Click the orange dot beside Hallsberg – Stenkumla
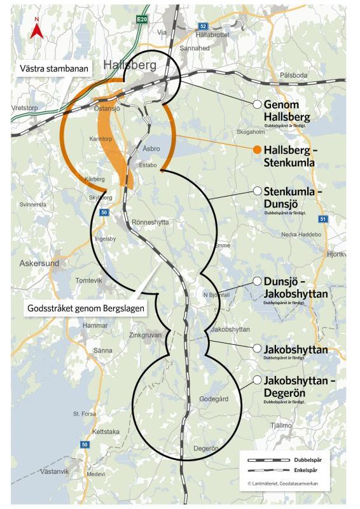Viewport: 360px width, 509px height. tap(257, 150)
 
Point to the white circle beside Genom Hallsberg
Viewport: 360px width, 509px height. tap(257, 104)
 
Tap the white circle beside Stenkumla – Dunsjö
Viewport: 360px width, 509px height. tap(258, 191)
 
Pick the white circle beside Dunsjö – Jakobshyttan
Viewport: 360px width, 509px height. tap(258, 281)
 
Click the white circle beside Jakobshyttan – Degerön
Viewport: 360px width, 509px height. tap(258, 380)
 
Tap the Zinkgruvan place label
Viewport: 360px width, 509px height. tap(145, 334)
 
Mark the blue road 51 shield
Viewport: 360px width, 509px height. tap(323, 219)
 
